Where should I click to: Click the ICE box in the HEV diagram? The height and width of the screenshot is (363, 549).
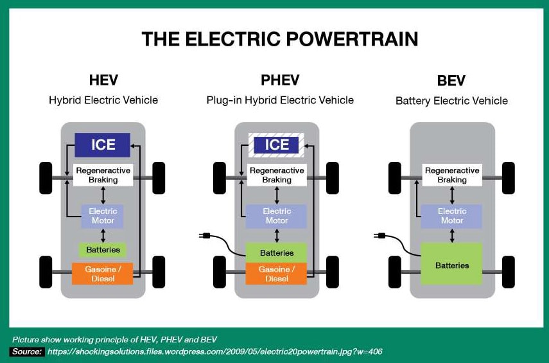(x=103, y=145)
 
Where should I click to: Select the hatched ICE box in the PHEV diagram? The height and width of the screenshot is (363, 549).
(x=276, y=145)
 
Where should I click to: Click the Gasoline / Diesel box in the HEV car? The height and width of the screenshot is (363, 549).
(x=103, y=274)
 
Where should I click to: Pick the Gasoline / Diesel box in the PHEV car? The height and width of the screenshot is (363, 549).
(x=276, y=274)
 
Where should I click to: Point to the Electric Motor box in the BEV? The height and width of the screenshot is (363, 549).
(x=451, y=216)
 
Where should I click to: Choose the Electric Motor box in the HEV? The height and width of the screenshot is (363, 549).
(x=103, y=216)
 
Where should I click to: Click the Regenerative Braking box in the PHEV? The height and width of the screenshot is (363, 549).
(x=277, y=175)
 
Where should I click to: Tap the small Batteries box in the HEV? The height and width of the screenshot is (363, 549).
(x=103, y=250)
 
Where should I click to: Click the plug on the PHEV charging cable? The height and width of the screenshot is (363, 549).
(x=204, y=235)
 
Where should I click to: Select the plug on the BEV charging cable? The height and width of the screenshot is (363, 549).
(x=379, y=235)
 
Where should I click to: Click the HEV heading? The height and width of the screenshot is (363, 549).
(x=103, y=80)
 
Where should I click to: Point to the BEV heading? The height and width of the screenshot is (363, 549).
(x=451, y=80)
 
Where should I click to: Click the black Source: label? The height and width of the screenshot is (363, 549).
(x=27, y=351)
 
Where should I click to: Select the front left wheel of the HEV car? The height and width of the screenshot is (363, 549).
(x=46, y=178)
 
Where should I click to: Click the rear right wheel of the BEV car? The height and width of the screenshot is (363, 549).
(x=509, y=272)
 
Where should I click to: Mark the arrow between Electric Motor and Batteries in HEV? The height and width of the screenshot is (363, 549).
(x=103, y=236)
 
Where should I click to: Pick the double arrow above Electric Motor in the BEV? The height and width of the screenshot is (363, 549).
(x=452, y=195)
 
